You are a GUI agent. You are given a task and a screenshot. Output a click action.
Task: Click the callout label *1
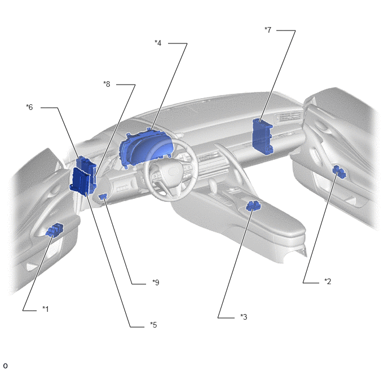(x=46, y=309)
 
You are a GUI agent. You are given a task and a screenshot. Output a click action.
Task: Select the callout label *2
(x=328, y=281)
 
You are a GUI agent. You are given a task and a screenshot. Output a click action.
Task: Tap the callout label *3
(x=244, y=317)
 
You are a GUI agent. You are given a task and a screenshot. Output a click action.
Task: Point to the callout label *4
(x=158, y=43)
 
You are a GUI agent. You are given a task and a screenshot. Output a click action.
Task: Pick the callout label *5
(x=153, y=325)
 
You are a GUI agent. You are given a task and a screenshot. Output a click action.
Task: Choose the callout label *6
(x=29, y=107)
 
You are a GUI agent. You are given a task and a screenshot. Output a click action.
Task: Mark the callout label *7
(x=268, y=30)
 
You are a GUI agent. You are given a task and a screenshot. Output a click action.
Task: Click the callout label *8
(x=107, y=84)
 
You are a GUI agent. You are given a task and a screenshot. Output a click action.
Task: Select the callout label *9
(x=156, y=282)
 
